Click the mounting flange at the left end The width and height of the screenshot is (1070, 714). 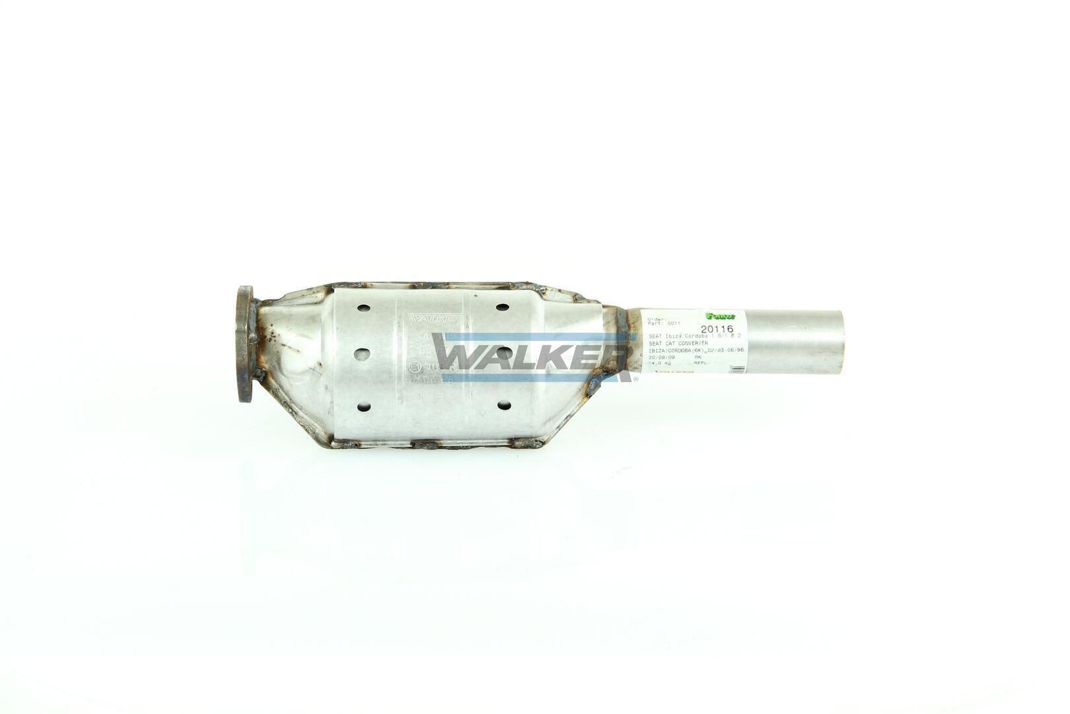(246, 343)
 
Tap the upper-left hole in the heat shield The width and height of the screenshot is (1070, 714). (361, 308)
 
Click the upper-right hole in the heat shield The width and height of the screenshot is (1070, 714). (502, 308)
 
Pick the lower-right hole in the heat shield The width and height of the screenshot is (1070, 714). (503, 405)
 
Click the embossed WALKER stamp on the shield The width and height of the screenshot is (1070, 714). (433, 319)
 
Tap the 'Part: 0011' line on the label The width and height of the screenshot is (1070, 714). (664, 323)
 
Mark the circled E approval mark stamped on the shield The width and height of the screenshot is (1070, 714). (415, 367)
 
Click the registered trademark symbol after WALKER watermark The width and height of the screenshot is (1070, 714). (635, 379)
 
